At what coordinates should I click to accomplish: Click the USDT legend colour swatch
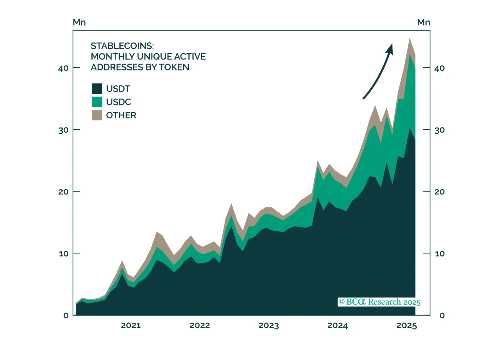coord(97,88)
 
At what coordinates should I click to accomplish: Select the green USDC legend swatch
coord(97,102)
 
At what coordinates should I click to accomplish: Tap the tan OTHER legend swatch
coord(97,115)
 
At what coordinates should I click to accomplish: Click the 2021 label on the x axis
coord(131,325)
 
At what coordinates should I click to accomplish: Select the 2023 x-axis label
coord(269,325)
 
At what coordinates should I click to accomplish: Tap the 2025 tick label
coord(407,325)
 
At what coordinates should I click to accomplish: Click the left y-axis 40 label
coord(63,68)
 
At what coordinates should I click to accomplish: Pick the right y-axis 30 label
coord(440,130)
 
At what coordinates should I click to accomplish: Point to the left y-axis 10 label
coord(64,254)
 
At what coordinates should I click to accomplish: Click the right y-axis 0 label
coord(442,315)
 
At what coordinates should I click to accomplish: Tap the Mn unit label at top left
coord(79,22)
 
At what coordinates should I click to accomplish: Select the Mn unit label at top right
coord(424,22)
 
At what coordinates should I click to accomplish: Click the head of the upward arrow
coord(391,48)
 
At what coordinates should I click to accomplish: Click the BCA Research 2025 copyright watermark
coord(379,302)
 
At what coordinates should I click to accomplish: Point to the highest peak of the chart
coord(409,39)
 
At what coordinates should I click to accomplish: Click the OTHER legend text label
coord(121,115)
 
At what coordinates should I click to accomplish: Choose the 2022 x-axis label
coord(200,325)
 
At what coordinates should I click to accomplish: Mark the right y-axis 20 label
coord(440,192)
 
